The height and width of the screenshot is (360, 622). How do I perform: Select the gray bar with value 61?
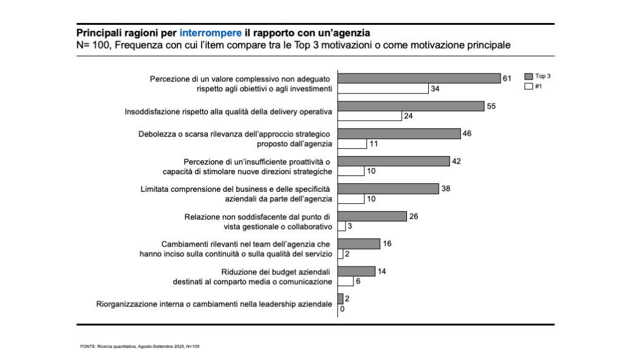(419, 78)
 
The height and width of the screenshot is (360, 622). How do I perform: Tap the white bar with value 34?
(383, 89)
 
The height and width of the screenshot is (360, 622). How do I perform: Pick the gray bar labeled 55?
(411, 106)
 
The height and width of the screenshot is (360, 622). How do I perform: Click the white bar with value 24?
(369, 117)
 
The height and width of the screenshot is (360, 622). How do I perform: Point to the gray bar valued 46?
(398, 134)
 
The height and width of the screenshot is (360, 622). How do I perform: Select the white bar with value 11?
(352, 144)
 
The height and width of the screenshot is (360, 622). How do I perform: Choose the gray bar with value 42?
(393, 161)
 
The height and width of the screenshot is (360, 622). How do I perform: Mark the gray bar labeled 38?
(388, 189)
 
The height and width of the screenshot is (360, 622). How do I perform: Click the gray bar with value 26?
(372, 216)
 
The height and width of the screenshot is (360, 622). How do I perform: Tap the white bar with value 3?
(341, 226)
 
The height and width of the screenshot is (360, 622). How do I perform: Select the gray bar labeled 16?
(358, 244)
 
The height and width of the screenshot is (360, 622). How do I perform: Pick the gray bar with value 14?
(356, 271)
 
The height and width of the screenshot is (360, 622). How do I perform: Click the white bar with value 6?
(345, 282)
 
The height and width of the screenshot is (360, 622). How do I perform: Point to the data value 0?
(342, 310)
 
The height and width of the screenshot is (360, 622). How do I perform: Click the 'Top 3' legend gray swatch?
(528, 76)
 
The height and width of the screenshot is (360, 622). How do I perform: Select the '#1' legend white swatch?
(528, 86)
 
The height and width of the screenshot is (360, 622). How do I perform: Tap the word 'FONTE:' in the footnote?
(88, 346)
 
